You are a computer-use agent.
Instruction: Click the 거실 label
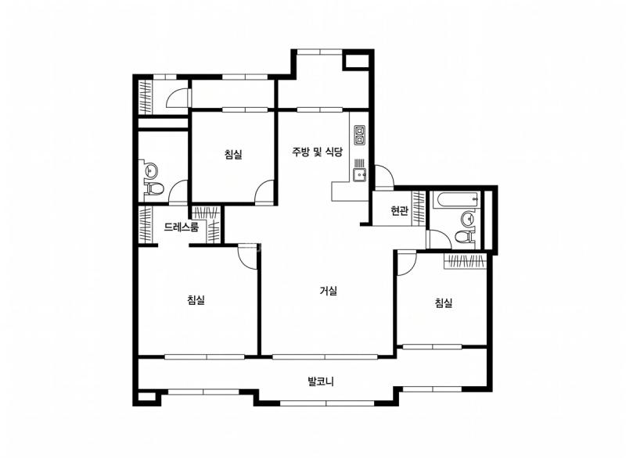pyautogui.click(x=329, y=292)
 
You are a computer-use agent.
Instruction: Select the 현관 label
pyautogui.click(x=399, y=211)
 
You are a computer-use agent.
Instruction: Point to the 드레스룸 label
pyautogui.click(x=181, y=227)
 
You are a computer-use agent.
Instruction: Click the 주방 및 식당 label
pyautogui.click(x=318, y=152)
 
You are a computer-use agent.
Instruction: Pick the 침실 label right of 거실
pyautogui.click(x=444, y=303)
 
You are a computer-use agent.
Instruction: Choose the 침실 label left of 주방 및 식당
pyautogui.click(x=232, y=155)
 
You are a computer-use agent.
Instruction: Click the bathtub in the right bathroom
pyautogui.click(x=455, y=201)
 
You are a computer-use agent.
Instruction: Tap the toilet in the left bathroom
pyautogui.click(x=155, y=188)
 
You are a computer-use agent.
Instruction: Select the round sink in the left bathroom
pyautogui.click(x=150, y=170)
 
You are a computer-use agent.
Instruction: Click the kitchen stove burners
pyautogui.click(x=360, y=135)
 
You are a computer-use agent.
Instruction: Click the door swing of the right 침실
pyautogui.click(x=407, y=263)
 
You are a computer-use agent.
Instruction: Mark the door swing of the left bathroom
pyautogui.click(x=179, y=191)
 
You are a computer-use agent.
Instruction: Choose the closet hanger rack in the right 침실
pyautogui.click(x=467, y=261)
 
